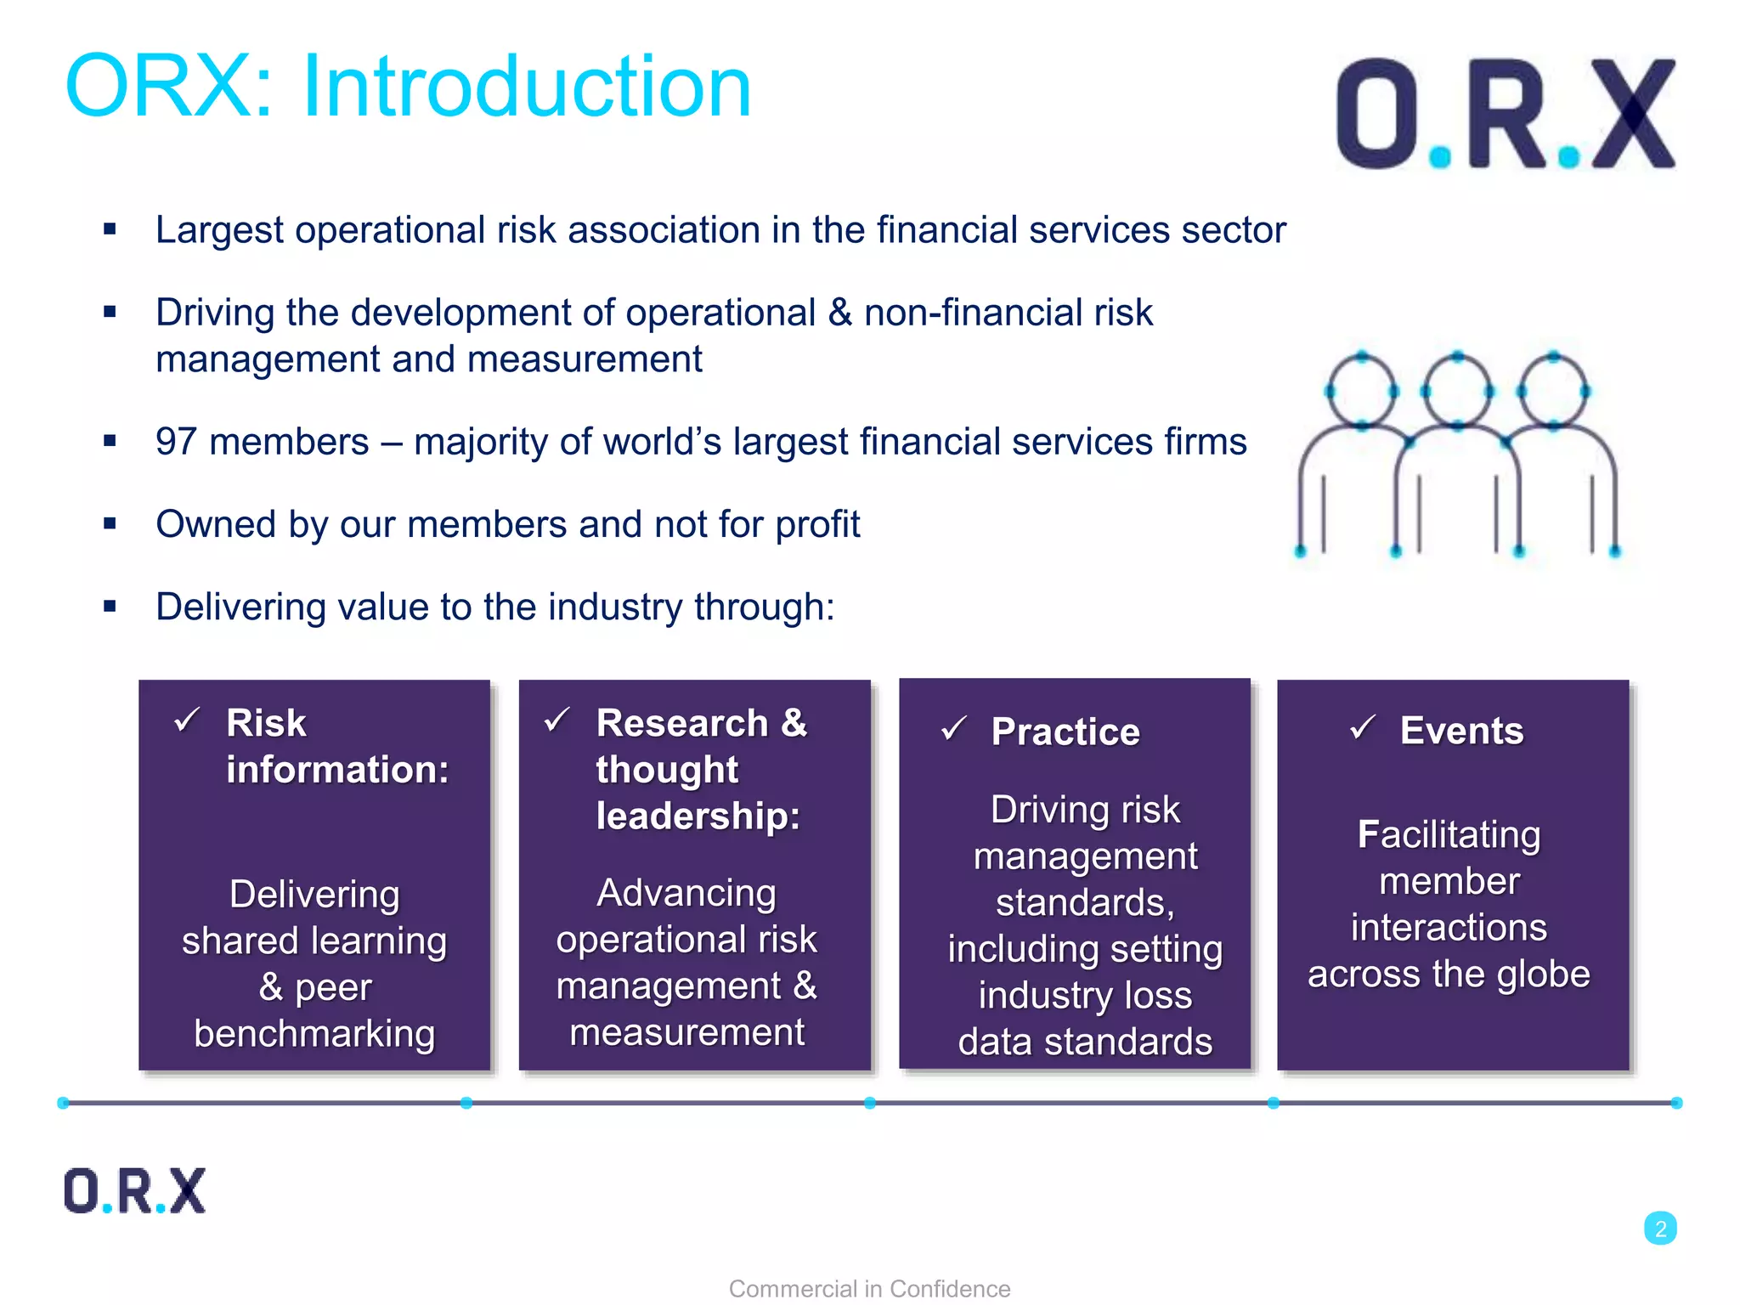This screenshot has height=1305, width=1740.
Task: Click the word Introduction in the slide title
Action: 527,87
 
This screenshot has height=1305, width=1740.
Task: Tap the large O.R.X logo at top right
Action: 1505,114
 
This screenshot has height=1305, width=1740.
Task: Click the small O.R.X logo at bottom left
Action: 134,1190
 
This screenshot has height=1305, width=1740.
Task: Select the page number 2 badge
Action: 1660,1229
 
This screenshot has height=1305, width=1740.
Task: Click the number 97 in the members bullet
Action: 177,442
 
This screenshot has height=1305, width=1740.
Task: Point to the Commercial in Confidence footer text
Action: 869,1288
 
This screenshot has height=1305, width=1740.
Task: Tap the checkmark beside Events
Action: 1363,727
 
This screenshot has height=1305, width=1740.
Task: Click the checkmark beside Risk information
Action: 186,720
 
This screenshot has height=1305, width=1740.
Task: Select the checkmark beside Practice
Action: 953,728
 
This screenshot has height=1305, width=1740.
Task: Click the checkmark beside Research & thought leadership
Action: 556,720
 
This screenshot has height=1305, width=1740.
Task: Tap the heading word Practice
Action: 1065,732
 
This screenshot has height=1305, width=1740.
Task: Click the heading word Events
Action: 1461,731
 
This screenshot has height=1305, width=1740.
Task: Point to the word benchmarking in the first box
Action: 314,1033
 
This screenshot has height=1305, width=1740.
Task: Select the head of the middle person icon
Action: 1458,391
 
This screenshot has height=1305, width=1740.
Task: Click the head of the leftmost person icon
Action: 1362,391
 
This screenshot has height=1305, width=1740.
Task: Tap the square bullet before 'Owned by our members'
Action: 110,523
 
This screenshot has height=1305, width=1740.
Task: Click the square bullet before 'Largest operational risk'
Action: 110,229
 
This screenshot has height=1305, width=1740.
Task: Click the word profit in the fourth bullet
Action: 817,524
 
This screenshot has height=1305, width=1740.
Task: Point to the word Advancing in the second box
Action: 686,893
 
